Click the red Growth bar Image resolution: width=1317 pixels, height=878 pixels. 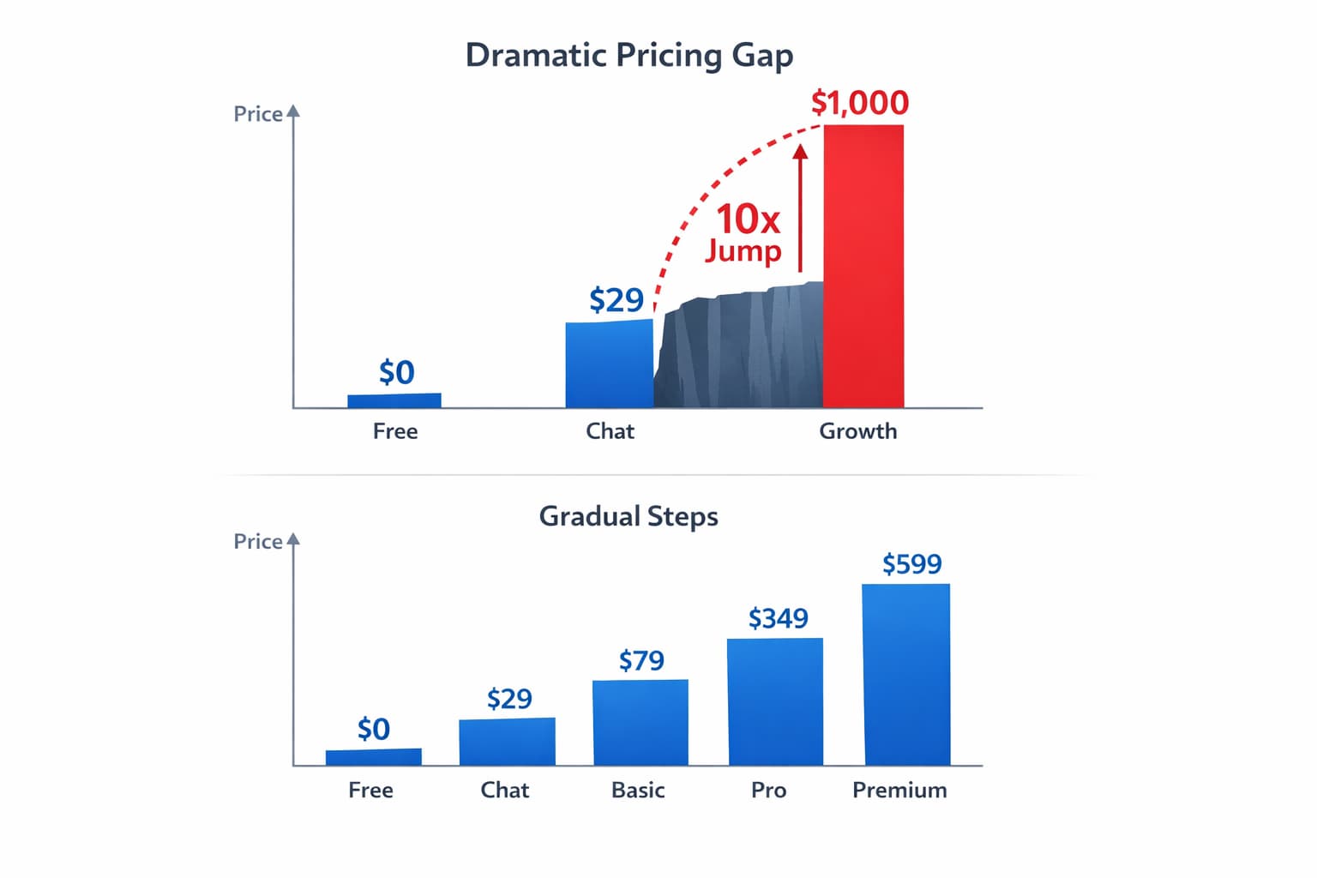pos(863,266)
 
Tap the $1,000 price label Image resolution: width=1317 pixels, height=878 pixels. pos(859,103)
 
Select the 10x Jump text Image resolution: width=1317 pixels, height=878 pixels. pos(744,232)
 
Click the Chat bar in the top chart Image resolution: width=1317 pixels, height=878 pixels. pos(609,364)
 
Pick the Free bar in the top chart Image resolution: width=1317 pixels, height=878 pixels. pos(394,400)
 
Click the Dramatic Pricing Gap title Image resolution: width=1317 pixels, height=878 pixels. pos(628,55)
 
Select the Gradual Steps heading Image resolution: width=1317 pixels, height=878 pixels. pos(628,516)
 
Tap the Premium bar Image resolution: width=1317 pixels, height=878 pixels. pos(906,674)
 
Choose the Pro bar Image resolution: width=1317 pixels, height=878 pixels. pos(775,701)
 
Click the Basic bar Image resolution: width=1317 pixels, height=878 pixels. pos(640,722)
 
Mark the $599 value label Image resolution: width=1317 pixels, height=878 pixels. pos(911,564)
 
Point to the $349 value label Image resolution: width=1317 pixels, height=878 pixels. pos(778,618)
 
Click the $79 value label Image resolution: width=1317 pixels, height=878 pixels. pos(641,660)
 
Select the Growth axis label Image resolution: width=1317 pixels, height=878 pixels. pos(857,431)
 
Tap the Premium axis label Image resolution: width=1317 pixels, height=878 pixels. pos(899,790)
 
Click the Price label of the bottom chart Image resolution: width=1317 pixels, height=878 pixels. pos(258,542)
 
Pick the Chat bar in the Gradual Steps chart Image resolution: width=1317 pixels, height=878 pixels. pos(507,742)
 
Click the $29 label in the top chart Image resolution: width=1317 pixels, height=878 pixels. pos(616,300)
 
